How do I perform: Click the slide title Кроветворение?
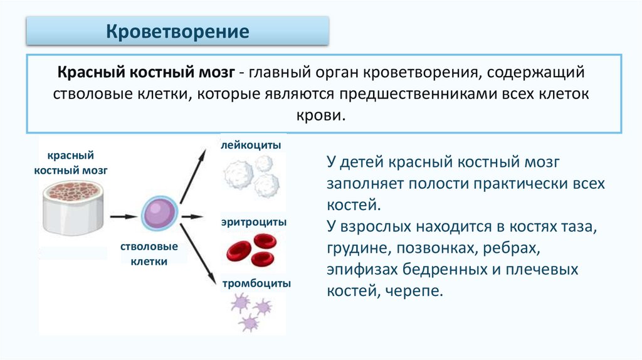point(177,31)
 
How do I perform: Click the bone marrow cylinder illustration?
point(73,207)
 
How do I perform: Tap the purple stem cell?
point(156,215)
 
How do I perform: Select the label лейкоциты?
point(250,145)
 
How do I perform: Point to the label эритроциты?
point(254,222)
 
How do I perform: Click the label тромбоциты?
point(256,283)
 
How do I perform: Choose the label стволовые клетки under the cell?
point(149,254)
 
